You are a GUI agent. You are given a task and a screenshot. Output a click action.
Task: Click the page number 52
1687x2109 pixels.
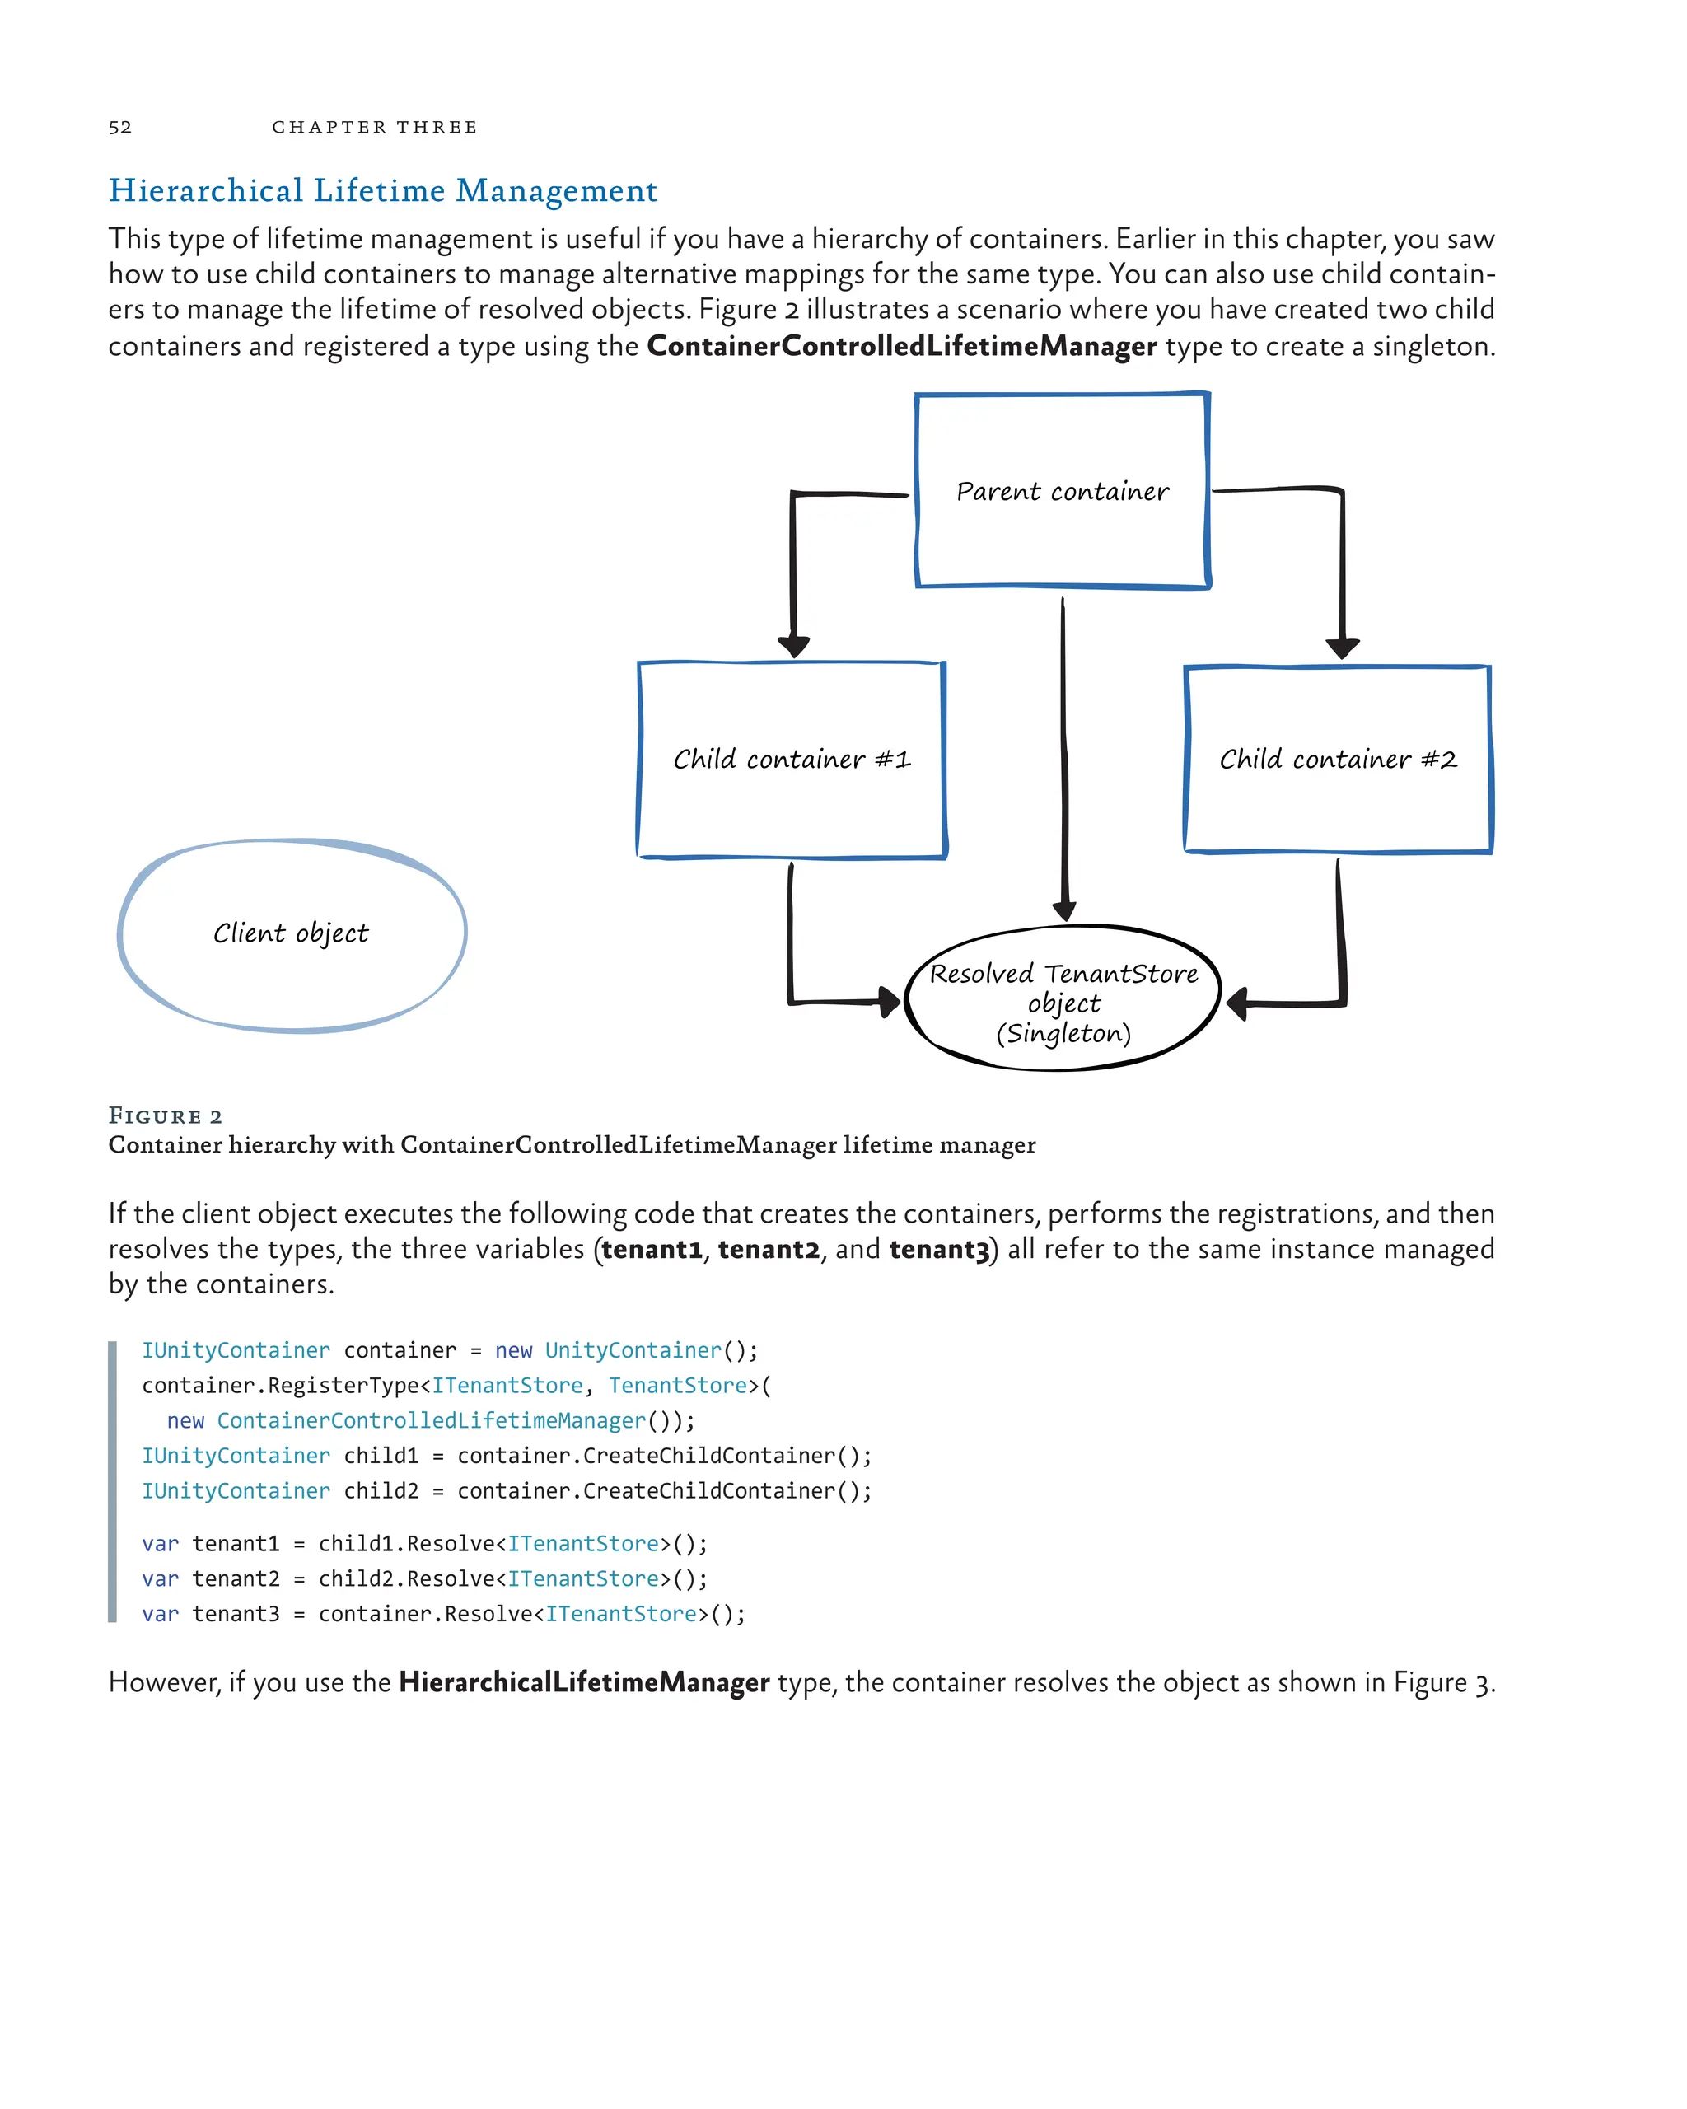pos(119,127)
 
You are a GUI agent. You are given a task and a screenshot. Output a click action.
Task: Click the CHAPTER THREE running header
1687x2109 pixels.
pos(375,127)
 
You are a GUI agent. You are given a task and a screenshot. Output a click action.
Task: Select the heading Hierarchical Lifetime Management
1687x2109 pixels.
pos(382,191)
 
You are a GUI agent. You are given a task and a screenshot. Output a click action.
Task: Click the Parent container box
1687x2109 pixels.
pos(1062,490)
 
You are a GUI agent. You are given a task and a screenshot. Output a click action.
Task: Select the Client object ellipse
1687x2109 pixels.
pos(292,934)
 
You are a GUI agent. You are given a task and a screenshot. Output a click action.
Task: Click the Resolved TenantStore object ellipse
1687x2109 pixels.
pos(1063,998)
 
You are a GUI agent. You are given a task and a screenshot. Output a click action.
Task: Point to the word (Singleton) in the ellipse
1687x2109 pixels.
pos(1063,1034)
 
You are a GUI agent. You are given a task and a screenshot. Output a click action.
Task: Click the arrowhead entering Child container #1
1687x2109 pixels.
pos(793,647)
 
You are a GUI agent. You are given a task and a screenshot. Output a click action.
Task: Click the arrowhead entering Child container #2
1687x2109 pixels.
pos(1342,648)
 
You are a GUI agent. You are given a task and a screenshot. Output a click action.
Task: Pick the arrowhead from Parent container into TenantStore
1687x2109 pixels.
pos(1064,910)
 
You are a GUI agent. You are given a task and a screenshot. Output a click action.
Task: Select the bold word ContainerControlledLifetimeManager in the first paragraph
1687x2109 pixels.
pos(902,346)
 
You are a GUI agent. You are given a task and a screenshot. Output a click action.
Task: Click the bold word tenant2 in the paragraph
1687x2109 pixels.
pos(769,1250)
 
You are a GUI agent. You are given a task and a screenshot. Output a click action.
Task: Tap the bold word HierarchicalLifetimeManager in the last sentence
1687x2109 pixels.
pos(584,1682)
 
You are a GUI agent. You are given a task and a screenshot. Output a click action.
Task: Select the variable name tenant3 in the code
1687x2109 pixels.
pos(236,1614)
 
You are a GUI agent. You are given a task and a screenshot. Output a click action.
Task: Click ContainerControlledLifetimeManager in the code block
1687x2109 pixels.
pos(432,1420)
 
